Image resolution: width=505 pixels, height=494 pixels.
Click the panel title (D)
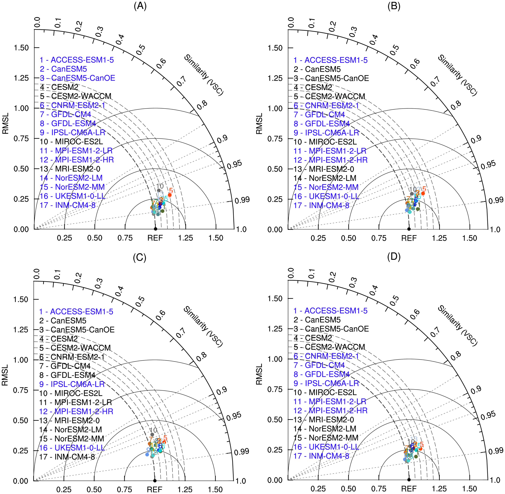(x=394, y=257)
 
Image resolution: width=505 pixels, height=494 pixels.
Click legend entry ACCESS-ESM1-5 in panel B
(x=330, y=60)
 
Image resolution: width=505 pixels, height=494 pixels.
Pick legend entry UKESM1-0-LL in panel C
(x=72, y=448)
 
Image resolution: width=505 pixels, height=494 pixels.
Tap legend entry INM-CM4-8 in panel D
(x=321, y=456)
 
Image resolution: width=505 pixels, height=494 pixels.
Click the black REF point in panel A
(x=155, y=229)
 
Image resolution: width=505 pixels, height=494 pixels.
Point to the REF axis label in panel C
(x=155, y=490)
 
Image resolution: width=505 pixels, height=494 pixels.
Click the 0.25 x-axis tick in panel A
(x=64, y=238)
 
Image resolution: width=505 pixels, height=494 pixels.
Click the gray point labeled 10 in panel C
(x=152, y=434)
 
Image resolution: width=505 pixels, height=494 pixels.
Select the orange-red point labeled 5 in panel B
(x=423, y=193)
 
